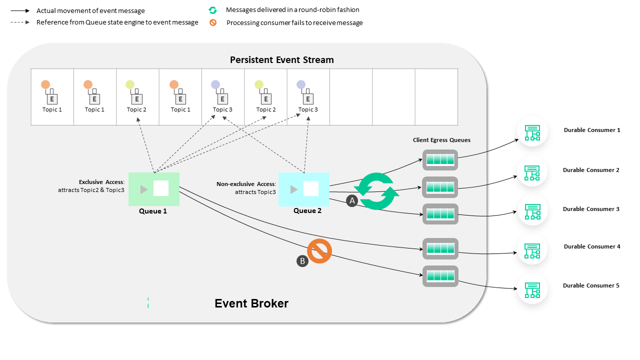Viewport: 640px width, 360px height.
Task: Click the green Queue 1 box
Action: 153,189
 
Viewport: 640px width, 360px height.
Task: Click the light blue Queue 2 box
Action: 303,189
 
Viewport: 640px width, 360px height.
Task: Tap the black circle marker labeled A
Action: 351,200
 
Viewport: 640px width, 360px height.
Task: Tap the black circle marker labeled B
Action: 302,260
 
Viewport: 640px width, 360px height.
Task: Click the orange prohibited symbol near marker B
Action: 319,251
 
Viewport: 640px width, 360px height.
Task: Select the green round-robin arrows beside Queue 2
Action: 376,191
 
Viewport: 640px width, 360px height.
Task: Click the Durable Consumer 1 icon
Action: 532,132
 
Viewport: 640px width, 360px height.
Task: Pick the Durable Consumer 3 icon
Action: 532,211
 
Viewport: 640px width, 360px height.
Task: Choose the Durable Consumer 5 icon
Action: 532,289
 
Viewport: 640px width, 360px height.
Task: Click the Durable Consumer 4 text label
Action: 592,246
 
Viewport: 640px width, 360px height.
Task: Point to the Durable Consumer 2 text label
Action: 591,170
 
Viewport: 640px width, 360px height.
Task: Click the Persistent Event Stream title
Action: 281,60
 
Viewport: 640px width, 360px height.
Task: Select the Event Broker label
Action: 251,303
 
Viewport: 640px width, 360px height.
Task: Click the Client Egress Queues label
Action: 441,140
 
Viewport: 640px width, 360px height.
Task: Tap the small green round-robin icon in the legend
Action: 213,10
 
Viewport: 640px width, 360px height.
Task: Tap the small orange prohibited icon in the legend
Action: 213,22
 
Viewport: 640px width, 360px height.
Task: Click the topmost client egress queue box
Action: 440,160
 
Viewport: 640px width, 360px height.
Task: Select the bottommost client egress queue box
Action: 440,276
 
